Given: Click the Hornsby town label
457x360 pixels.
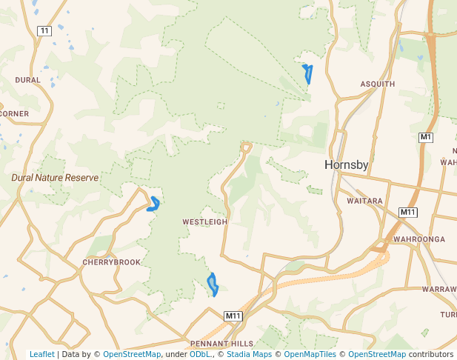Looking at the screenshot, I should point(346,165).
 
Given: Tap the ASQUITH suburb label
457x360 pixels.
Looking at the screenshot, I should point(377,84).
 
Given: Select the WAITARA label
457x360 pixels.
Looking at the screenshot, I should point(364,201).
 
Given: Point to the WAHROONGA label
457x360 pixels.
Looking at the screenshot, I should point(419,239).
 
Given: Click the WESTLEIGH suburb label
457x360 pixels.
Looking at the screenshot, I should point(205,221).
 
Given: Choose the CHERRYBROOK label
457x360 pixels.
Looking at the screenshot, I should point(111,262).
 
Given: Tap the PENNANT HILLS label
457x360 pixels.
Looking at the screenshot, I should point(221,344).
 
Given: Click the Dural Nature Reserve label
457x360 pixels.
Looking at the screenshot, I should point(55,178).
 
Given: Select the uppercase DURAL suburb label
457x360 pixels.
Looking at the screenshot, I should point(28,79).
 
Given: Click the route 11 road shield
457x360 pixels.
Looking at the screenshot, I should point(45,30).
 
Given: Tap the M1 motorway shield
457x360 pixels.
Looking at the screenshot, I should point(425,137).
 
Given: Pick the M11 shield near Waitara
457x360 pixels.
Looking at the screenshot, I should point(407,213).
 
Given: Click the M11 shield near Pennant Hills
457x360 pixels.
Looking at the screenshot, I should point(233,316).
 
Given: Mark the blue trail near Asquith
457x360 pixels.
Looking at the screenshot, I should point(307,73).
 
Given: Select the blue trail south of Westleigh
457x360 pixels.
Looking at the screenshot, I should point(213,284).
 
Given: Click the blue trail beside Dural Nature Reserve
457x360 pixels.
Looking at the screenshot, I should point(154,204).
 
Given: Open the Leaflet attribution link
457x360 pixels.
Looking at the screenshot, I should point(41,354).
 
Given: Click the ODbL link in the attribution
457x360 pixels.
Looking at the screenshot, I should point(200,354).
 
